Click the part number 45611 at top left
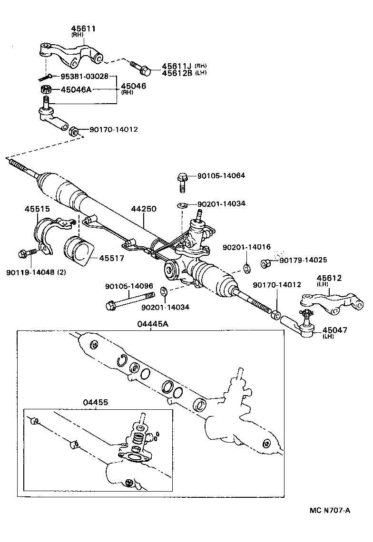tap(84, 29)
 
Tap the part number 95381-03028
tap(84, 76)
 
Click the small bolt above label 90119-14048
tap(27, 253)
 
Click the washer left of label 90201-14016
tap(247, 268)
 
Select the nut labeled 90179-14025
tap(266, 262)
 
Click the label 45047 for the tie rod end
tap(334, 330)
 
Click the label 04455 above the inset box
tap(96, 402)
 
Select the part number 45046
tap(134, 86)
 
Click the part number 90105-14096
tap(129, 286)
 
